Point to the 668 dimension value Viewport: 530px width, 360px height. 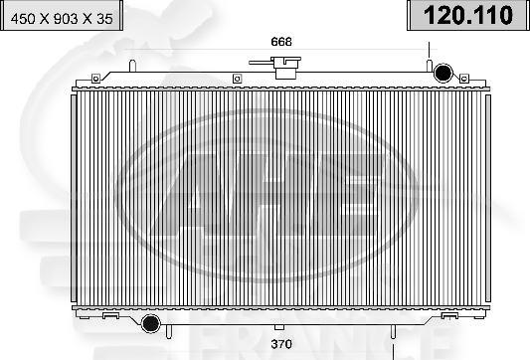click(281, 41)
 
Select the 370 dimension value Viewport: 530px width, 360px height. click(282, 344)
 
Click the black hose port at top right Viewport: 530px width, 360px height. click(442, 72)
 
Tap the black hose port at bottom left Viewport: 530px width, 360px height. click(151, 324)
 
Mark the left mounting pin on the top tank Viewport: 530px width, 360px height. click(131, 66)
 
